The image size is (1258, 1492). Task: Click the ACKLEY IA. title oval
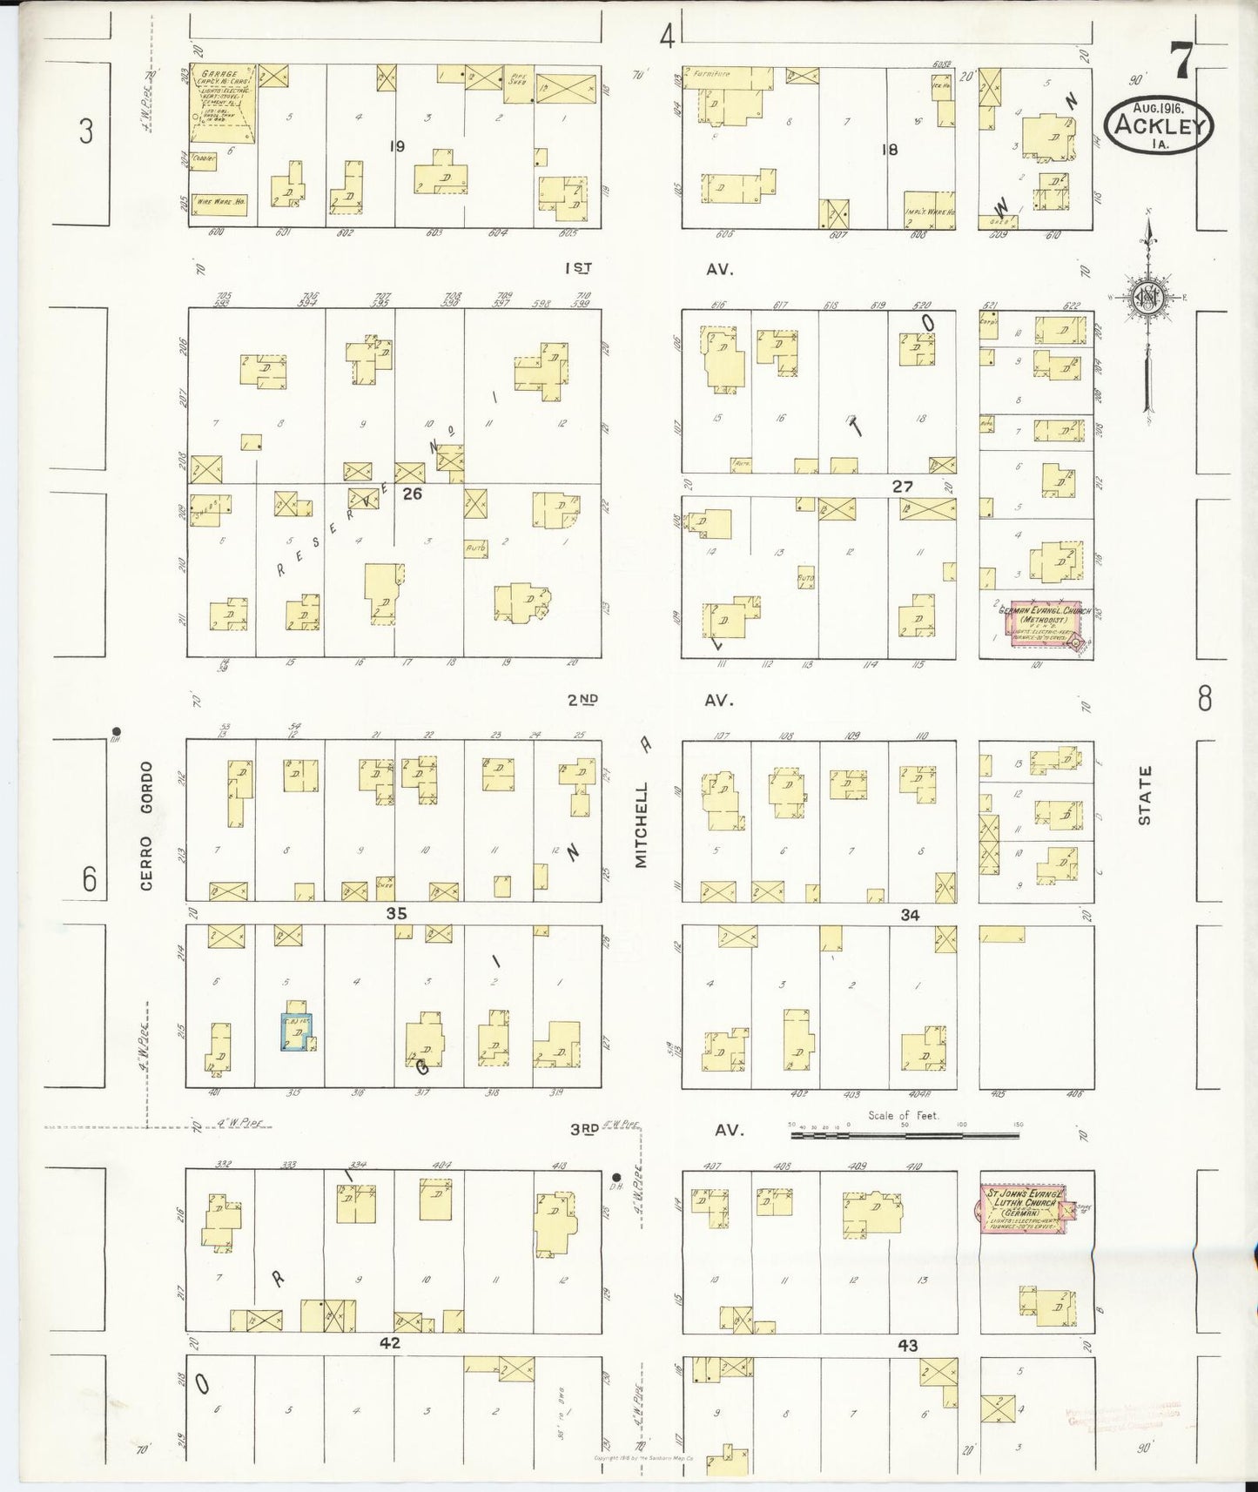tap(1158, 127)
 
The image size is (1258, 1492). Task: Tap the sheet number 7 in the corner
tap(1181, 62)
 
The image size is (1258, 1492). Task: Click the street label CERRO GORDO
tap(146, 824)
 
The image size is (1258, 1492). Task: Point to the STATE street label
tap(1145, 795)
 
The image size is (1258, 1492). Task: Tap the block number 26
tap(412, 493)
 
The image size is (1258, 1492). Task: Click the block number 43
tap(907, 1345)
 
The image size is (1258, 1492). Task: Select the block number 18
tap(888, 150)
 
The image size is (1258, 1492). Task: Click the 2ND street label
tap(583, 699)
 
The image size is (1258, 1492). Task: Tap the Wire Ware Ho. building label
tap(219, 204)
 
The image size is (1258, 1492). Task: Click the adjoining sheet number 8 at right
tap(1204, 698)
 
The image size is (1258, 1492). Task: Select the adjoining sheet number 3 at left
tap(85, 131)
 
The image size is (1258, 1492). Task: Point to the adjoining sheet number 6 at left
tap(90, 879)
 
